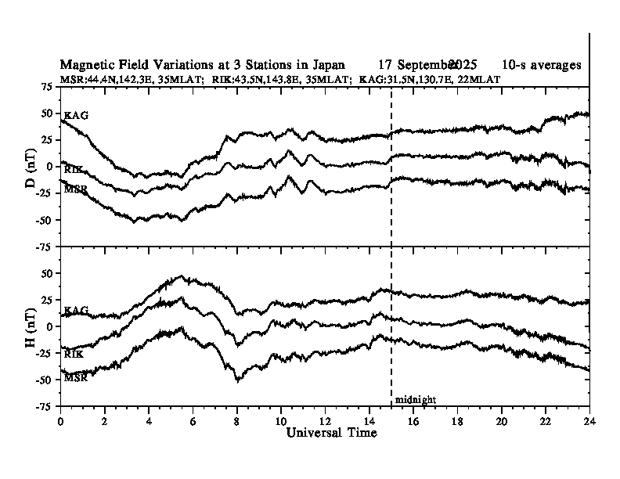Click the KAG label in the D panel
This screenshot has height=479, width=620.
pyautogui.click(x=76, y=116)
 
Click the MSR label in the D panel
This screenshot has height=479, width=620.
pyautogui.click(x=76, y=189)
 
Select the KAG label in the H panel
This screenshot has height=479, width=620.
pyautogui.click(x=76, y=312)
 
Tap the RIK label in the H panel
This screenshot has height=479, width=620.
pyautogui.click(x=74, y=355)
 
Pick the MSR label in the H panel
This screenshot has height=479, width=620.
pyautogui.click(x=76, y=377)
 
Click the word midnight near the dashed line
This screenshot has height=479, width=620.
pyautogui.click(x=415, y=400)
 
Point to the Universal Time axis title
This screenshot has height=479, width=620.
pyautogui.click(x=326, y=433)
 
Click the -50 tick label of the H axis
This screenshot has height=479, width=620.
pyautogui.click(x=44, y=380)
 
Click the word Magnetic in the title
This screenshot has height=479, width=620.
pyautogui.click(x=86, y=65)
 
